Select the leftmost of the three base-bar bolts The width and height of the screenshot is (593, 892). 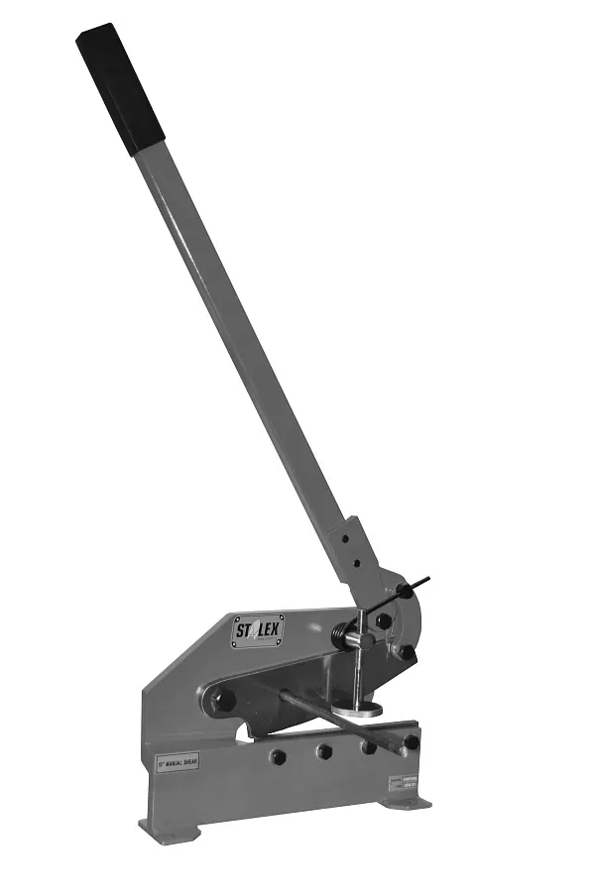click(x=279, y=756)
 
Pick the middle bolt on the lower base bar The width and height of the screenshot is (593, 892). click(x=324, y=751)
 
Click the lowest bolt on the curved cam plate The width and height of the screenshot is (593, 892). click(x=407, y=653)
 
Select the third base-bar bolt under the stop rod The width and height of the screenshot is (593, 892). click(x=368, y=746)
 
